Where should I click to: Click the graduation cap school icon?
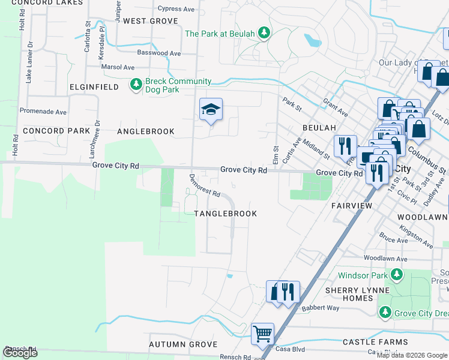[211, 109]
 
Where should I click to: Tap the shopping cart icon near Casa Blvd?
[262, 333]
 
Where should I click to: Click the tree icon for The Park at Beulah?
[263, 34]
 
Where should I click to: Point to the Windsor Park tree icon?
[396, 275]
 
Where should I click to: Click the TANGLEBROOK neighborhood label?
[225, 214]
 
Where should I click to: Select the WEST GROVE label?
[151, 21]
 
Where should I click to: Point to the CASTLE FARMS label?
[367, 342]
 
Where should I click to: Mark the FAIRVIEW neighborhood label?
[353, 205]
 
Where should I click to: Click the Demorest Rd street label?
[205, 187]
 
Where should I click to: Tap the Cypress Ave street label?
[176, 9]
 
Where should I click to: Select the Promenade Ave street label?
[43, 112]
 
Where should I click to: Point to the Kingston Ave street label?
[416, 237]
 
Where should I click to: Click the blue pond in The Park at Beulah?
[312, 41]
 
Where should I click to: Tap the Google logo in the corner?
[20, 353]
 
